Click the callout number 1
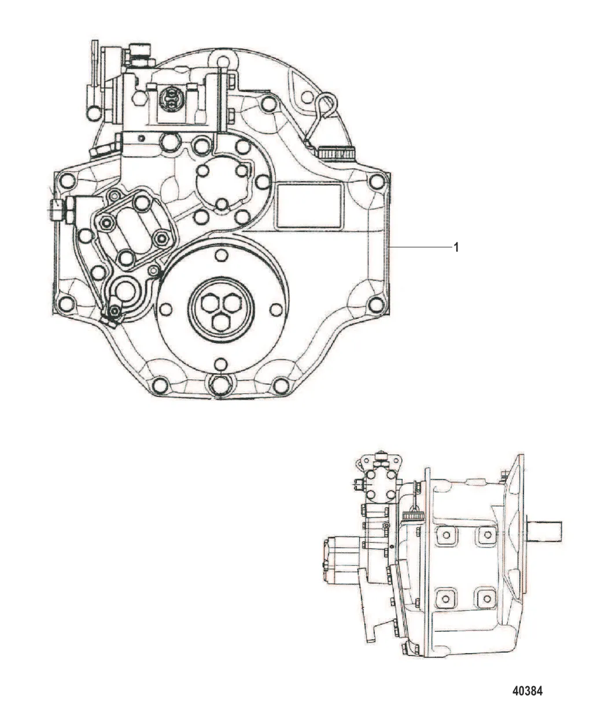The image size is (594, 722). (x=456, y=247)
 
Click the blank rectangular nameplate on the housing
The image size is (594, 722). (x=308, y=206)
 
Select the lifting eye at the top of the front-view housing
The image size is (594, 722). (x=223, y=61)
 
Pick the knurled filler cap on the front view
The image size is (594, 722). (x=335, y=152)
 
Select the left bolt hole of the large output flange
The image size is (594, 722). (x=165, y=309)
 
